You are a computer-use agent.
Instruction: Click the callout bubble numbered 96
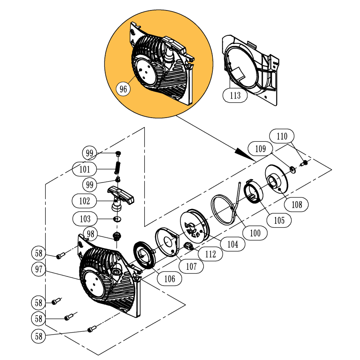pyautogui.click(x=123, y=89)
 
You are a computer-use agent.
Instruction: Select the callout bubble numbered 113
pyautogui.click(x=235, y=96)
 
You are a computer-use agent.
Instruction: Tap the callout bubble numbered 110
pyautogui.click(x=282, y=136)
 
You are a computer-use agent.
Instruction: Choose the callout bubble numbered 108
pyautogui.click(x=297, y=204)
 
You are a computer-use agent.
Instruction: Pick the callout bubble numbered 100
pyautogui.click(x=255, y=233)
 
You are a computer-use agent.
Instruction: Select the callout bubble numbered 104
pyautogui.click(x=232, y=244)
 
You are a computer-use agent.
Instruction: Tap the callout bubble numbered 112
pyautogui.click(x=210, y=254)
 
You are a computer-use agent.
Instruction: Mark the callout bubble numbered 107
pyautogui.click(x=191, y=266)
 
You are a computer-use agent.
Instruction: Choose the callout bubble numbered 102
pyautogui.click(x=84, y=201)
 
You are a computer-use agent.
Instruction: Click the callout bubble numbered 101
pyautogui.click(x=84, y=169)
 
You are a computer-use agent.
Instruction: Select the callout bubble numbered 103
pyautogui.click(x=84, y=218)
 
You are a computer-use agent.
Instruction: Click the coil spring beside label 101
pyautogui.click(x=118, y=168)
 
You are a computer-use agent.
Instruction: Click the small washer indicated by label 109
pyautogui.click(x=293, y=168)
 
